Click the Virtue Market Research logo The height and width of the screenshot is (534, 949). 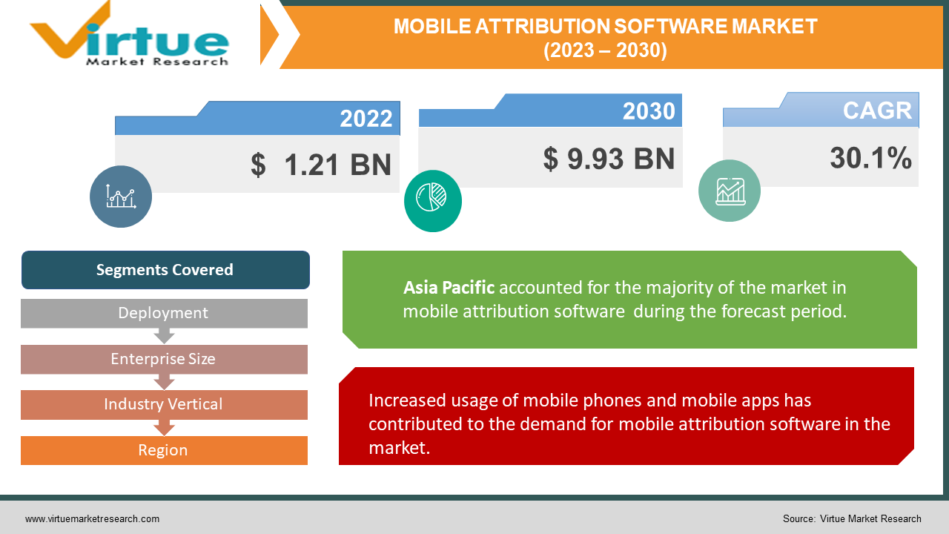(130, 36)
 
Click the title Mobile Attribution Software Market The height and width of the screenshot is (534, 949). (605, 27)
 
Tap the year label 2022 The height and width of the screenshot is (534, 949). (366, 119)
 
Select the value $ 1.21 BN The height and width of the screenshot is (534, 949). (320, 165)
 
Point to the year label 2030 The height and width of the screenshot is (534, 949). (649, 111)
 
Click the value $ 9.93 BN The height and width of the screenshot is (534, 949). (609, 158)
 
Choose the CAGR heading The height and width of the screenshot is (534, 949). (877, 111)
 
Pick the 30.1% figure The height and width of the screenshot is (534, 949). (870, 158)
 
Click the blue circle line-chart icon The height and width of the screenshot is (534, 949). (121, 197)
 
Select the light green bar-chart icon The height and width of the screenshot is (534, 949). (730, 191)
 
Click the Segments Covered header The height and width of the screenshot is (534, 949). (165, 270)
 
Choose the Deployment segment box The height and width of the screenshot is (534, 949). (164, 313)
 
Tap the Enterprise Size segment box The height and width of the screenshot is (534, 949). (164, 359)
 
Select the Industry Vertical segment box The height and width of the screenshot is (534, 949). (164, 404)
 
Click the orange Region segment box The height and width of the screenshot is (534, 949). (164, 450)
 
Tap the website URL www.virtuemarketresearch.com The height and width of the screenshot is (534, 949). (92, 518)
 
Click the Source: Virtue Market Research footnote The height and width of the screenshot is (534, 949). (851, 518)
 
